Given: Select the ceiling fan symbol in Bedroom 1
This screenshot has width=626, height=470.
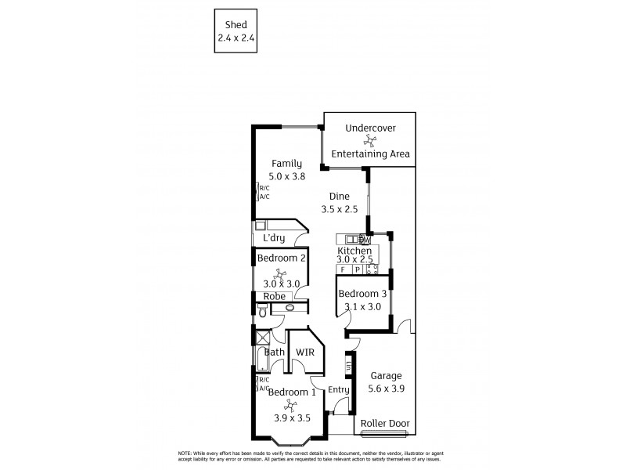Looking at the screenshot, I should [289, 405].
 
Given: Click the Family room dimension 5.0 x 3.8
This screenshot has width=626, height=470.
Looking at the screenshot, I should [286, 177].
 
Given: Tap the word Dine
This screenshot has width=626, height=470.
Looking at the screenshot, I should [339, 196].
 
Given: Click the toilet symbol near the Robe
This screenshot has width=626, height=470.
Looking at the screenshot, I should [262, 311].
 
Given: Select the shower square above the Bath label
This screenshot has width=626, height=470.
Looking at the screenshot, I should [260, 338].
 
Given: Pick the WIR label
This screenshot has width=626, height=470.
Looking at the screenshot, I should [304, 352].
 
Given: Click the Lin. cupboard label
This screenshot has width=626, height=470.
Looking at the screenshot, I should [349, 365].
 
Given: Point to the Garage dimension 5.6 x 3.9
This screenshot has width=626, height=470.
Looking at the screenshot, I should [386, 388].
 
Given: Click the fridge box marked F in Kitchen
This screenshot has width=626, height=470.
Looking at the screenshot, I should [342, 269].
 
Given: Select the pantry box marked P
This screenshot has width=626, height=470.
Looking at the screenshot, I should [356, 269].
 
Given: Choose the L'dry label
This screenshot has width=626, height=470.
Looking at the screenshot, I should [273, 238].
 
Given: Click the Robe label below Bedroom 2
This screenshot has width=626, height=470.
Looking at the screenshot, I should [273, 296].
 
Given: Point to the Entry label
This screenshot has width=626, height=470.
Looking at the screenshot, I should [338, 390].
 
